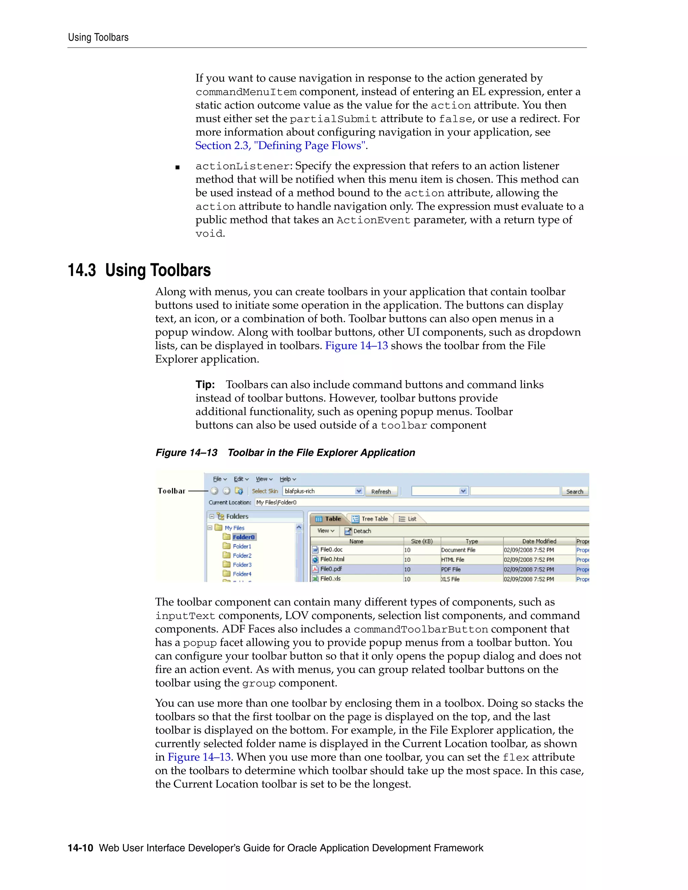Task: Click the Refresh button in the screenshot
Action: pyautogui.click(x=381, y=491)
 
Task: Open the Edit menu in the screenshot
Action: pyautogui.click(x=241, y=479)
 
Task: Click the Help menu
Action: pyautogui.click(x=287, y=479)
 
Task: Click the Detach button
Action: pyautogui.click(x=358, y=531)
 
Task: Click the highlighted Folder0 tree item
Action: pyautogui.click(x=243, y=537)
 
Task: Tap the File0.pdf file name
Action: pyautogui.click(x=331, y=569)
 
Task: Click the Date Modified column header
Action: pyautogui.click(x=539, y=541)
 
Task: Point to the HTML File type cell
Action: pyautogui.click(x=453, y=560)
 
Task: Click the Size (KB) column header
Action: pyautogui.click(x=422, y=541)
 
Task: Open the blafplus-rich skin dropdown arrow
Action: pyautogui.click(x=359, y=491)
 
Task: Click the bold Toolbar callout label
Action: pyautogui.click(x=172, y=491)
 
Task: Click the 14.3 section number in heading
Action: pyautogui.click(x=82, y=271)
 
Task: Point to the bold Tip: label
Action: pyautogui.click(x=205, y=385)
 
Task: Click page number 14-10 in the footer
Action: pyautogui.click(x=80, y=848)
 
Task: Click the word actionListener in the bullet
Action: pyautogui.click(x=243, y=166)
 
